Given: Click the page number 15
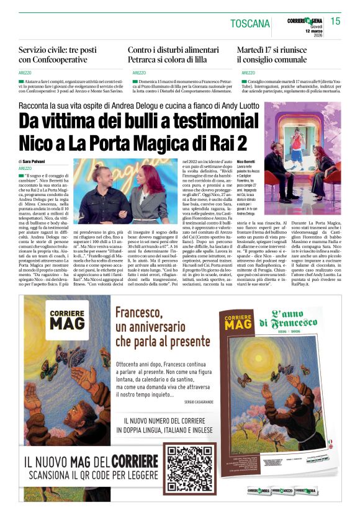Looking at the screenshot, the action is click(x=335, y=21).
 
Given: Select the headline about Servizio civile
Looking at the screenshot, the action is click(x=61, y=55).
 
